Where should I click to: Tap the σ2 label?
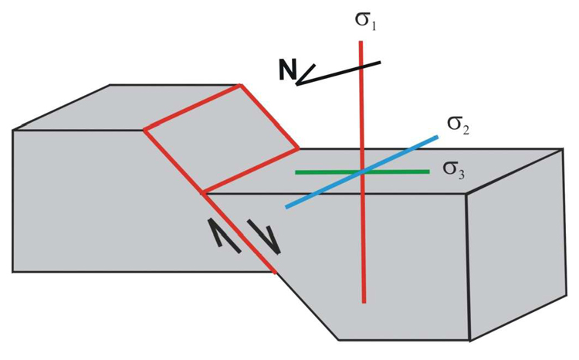pos(459,125)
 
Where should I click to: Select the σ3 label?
pos(453,171)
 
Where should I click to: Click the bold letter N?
pos(287,70)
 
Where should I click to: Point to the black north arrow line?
pos(338,73)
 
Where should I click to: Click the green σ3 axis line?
pos(362,172)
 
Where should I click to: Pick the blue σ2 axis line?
pos(362,172)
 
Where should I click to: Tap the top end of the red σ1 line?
pos(361,42)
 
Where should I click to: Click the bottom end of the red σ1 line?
pos(364,302)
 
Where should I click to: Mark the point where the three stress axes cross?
pos(363,172)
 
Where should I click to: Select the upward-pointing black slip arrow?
pos(224,236)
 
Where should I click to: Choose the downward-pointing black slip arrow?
pos(264,237)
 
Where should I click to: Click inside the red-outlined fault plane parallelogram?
pos(222,138)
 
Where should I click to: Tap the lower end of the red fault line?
pos(275,273)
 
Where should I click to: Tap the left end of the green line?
pos(296,172)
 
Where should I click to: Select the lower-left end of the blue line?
pos(286,207)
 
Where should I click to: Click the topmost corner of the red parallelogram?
pos(240,86)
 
